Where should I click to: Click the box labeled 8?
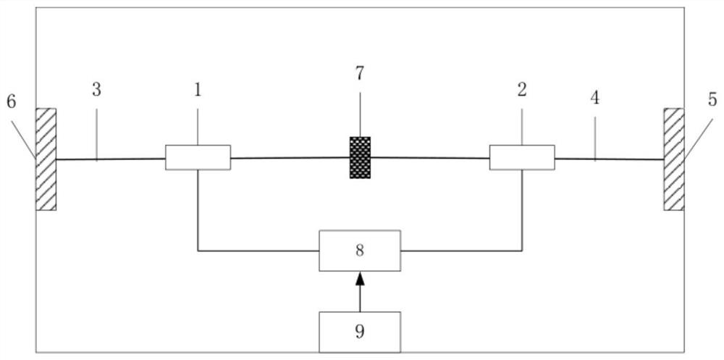click(360, 251)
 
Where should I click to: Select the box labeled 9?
click(360, 332)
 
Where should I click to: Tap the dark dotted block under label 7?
click(360, 157)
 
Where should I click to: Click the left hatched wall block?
click(46, 159)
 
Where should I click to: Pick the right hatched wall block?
click(674, 159)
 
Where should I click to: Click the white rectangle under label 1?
click(198, 157)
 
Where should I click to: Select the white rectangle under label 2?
click(522, 157)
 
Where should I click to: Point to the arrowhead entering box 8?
click(360, 278)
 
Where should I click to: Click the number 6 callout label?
click(11, 101)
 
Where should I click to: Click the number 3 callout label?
click(96, 90)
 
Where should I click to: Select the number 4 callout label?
click(595, 98)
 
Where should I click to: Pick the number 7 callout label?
click(360, 73)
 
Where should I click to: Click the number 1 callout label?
click(198, 90)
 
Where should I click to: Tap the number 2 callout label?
click(522, 90)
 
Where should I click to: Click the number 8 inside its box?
click(360, 251)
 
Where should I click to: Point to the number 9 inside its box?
click(360, 332)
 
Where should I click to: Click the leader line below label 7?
click(360, 114)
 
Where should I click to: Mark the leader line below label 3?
click(96, 134)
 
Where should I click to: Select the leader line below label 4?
click(595, 138)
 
